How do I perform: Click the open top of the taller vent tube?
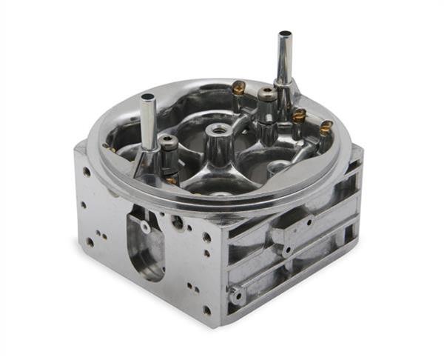point(284,35)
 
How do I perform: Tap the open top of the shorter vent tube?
point(147,97)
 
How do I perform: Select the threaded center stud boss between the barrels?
point(219,131)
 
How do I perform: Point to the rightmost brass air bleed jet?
point(326,127)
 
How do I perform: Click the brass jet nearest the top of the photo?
point(238,87)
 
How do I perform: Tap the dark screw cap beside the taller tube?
point(266,93)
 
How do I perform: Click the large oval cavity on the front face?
point(146,244)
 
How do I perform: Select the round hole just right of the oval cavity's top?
point(178,221)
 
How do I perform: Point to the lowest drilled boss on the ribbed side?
point(238,296)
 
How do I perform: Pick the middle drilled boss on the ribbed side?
point(286,250)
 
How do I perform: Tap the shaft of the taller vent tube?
point(284,59)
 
